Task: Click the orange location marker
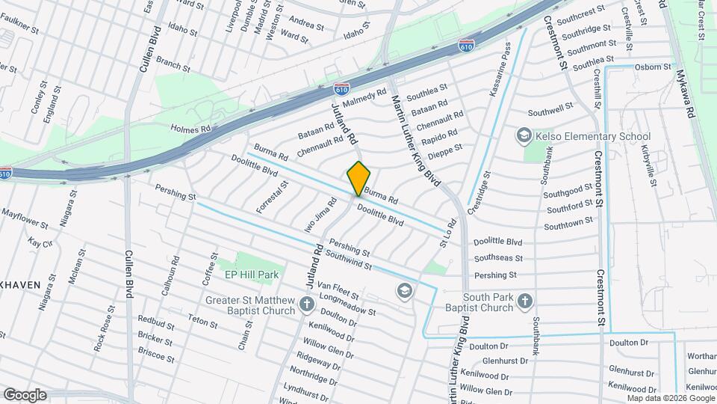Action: click(358, 178)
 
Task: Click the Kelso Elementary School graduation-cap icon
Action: click(524, 136)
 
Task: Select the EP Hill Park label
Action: click(252, 275)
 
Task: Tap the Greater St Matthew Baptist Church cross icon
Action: click(306, 304)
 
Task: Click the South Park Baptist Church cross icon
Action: click(525, 302)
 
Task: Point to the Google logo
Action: click(25, 395)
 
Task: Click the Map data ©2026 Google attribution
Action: click(668, 398)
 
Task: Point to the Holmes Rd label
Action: click(191, 129)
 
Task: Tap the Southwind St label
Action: click(348, 261)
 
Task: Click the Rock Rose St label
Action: click(104, 329)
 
